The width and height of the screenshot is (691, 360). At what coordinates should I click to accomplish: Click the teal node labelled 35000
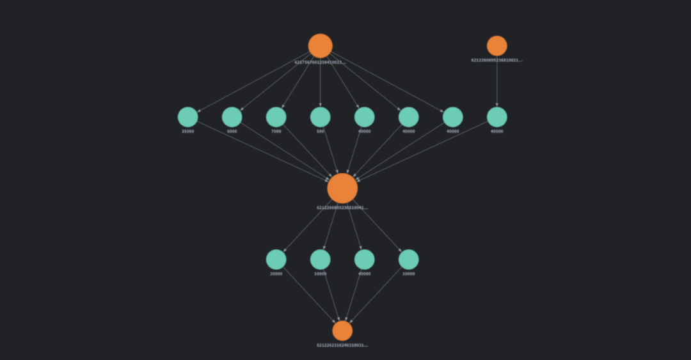pyautogui.click(x=187, y=117)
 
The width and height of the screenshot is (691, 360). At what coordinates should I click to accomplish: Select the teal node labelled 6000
pyautogui.click(x=232, y=117)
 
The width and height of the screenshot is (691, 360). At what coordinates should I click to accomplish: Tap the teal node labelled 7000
pyautogui.click(x=276, y=117)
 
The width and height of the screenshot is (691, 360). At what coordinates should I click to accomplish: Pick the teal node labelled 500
pyautogui.click(x=320, y=117)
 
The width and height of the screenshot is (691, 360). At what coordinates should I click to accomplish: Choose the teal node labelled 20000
pyautogui.click(x=276, y=260)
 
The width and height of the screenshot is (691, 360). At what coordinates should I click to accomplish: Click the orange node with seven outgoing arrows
pyautogui.click(x=320, y=46)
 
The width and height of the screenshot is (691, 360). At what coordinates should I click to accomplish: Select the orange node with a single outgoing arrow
pyautogui.click(x=496, y=46)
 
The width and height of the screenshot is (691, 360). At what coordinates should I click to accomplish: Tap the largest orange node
pyautogui.click(x=342, y=188)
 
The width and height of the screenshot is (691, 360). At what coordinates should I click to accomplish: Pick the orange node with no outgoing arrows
pyautogui.click(x=342, y=331)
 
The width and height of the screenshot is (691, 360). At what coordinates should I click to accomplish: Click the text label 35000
pyautogui.click(x=187, y=132)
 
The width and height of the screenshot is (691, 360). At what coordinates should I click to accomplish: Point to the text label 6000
pyautogui.click(x=232, y=132)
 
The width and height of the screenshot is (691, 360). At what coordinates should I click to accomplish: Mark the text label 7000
pyautogui.click(x=276, y=132)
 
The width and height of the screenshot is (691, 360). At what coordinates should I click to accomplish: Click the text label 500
pyautogui.click(x=320, y=132)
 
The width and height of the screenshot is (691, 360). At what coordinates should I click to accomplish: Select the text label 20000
pyautogui.click(x=276, y=274)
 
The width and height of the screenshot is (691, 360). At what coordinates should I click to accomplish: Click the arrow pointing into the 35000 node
pyautogui.click(x=253, y=82)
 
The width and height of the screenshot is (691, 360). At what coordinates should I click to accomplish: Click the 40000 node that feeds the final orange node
pyautogui.click(x=364, y=260)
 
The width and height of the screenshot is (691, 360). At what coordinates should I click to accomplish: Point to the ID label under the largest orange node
pyautogui.click(x=342, y=208)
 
